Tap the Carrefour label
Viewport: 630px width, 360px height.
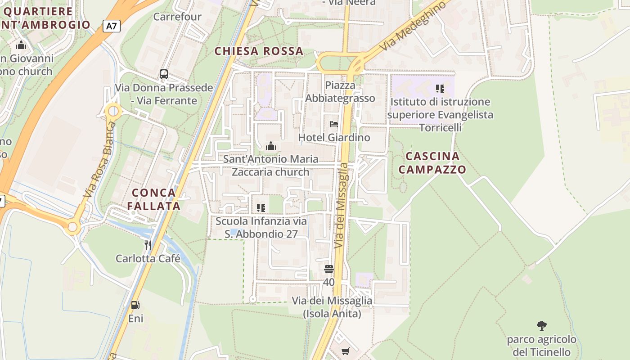[177, 17]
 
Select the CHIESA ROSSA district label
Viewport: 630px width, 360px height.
[259, 51]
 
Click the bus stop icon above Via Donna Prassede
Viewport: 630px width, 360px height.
[164, 74]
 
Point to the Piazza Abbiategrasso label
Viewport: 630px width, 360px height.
[340, 92]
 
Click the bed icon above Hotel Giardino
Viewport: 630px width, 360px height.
[333, 124]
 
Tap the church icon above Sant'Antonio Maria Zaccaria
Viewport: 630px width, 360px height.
[271, 146]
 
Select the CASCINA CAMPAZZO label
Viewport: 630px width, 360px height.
[432, 163]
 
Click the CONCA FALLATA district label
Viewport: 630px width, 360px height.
[153, 199]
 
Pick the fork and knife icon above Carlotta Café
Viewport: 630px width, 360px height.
[148, 245]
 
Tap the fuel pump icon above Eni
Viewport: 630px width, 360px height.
[135, 305]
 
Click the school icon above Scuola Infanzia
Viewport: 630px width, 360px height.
[261, 207]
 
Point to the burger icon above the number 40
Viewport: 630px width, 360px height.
[329, 269]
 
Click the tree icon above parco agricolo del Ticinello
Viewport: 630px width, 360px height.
[542, 325]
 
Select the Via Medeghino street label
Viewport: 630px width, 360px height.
[414, 26]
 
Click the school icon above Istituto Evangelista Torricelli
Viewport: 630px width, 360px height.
[440, 89]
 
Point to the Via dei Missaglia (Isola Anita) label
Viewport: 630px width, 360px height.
[332, 307]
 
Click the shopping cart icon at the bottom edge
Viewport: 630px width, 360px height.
[345, 351]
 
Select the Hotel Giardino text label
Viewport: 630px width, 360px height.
[334, 137]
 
